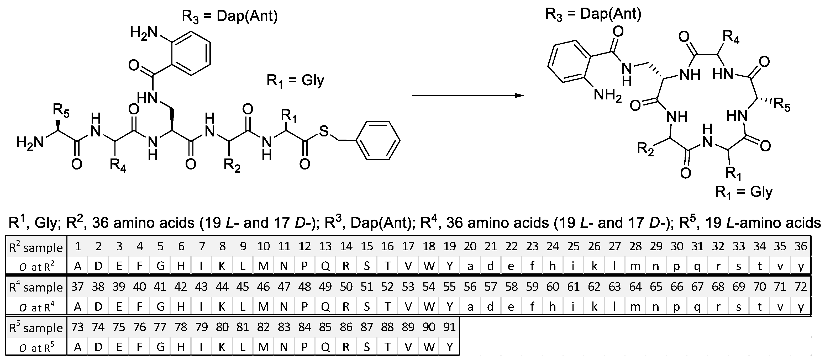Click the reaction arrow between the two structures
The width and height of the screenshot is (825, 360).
(x=467, y=96)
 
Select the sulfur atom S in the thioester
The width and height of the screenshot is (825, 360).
(x=324, y=131)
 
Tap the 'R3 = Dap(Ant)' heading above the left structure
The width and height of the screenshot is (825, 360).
(x=230, y=16)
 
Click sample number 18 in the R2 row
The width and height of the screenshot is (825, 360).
(x=429, y=246)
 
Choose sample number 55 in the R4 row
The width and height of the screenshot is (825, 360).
(x=449, y=287)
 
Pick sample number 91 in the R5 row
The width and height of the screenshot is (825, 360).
(x=449, y=327)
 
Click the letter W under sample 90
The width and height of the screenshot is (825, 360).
(x=429, y=347)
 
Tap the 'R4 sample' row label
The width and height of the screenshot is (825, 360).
(x=36, y=287)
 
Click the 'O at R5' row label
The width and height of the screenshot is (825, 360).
(x=36, y=347)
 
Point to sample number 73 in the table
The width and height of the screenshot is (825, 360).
(x=77, y=327)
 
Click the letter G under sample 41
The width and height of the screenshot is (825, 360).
(x=160, y=307)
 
